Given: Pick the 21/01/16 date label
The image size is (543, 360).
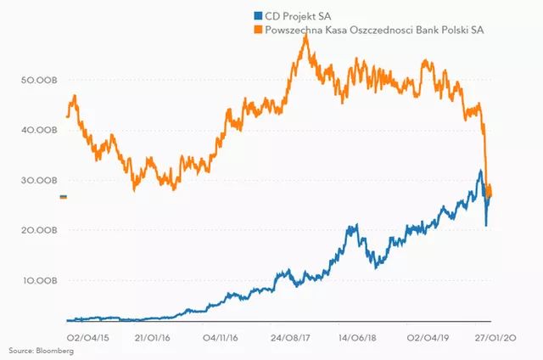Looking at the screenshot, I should pyautogui.click(x=153, y=337).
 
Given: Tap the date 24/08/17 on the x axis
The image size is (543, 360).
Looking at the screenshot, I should pyautogui.click(x=288, y=337).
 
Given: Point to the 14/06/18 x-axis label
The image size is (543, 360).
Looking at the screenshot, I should pyautogui.click(x=355, y=337).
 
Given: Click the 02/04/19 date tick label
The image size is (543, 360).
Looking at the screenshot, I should pyautogui.click(x=423, y=337).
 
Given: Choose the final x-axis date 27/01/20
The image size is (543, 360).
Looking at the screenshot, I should pyautogui.click(x=490, y=337).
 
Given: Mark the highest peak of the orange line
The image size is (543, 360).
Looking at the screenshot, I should pyautogui.click(x=305, y=36).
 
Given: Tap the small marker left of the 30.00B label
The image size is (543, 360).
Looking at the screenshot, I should pyautogui.click(x=64, y=197).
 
